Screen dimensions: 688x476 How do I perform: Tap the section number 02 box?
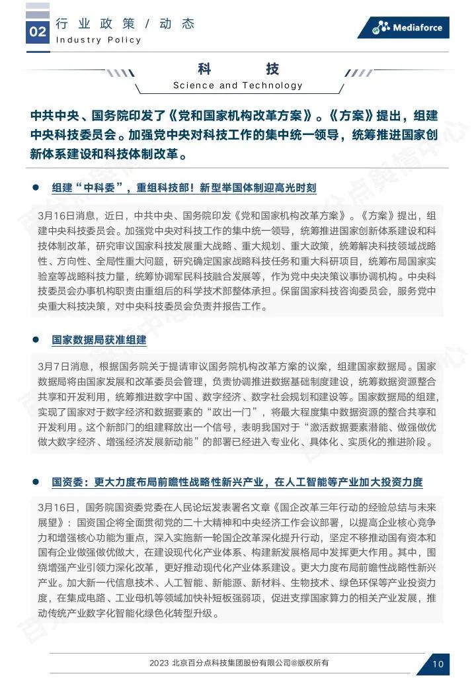(38, 31)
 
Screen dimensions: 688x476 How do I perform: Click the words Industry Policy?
(99, 40)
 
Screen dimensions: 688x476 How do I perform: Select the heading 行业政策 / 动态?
(125, 24)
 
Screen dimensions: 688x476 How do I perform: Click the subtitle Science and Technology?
(238, 85)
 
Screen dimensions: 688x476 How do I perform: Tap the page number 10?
(438, 664)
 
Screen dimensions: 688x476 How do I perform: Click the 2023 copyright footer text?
(239, 663)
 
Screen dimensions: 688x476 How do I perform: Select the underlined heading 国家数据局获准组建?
(99, 340)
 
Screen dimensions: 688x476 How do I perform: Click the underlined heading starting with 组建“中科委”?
(184, 188)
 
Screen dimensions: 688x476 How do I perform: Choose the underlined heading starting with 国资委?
(237, 482)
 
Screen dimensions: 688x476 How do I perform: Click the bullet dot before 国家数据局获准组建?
(37, 339)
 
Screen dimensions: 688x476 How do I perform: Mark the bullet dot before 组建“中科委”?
(37, 187)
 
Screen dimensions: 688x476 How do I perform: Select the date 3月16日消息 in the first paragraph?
(66, 216)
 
